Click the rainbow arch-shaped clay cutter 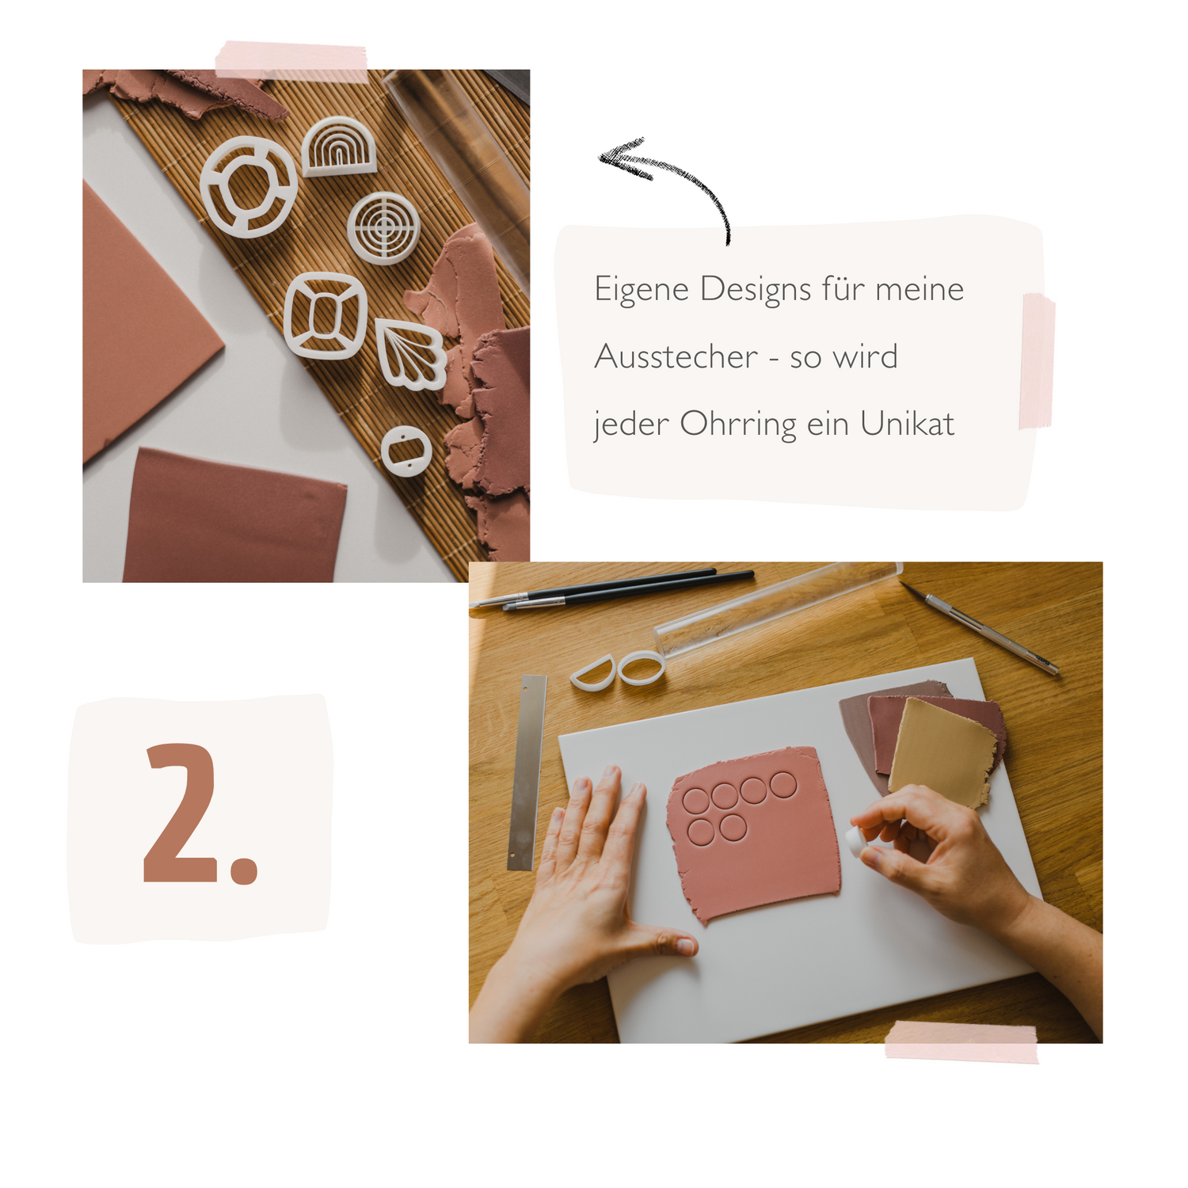339,147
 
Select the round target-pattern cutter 383,227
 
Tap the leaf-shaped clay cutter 409,353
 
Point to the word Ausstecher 676,356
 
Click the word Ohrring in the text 738,425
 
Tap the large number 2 201,813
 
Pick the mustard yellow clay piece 942,752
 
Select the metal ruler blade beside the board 527,772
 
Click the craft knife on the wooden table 979,627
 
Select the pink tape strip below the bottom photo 961,1041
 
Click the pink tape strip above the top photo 291,61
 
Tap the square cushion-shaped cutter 325,315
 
